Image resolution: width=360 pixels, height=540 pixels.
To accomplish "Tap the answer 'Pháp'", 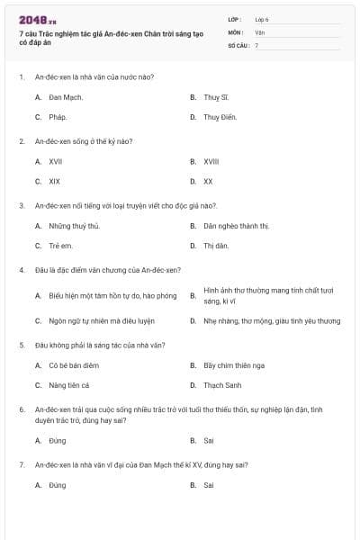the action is point(58,117).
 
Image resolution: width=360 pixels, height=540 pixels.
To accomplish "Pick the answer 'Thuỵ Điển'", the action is point(219,117).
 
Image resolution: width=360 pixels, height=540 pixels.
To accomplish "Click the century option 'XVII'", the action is point(56,161).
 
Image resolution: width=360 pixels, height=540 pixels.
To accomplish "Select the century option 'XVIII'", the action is point(211,161).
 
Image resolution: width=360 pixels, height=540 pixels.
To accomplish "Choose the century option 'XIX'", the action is point(55,181).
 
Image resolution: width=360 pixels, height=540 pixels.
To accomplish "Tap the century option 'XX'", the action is point(208,181).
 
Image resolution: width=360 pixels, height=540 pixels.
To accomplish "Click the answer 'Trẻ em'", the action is point(60,246).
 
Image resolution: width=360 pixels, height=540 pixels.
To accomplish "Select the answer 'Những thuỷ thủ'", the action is point(74,225).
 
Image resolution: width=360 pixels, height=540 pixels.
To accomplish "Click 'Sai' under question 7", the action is point(209,485).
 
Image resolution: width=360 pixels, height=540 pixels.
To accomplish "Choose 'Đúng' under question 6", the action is point(58,441).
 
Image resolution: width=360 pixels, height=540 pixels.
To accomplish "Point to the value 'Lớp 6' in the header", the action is point(262,18).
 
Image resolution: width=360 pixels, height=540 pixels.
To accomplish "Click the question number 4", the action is point(21,270).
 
